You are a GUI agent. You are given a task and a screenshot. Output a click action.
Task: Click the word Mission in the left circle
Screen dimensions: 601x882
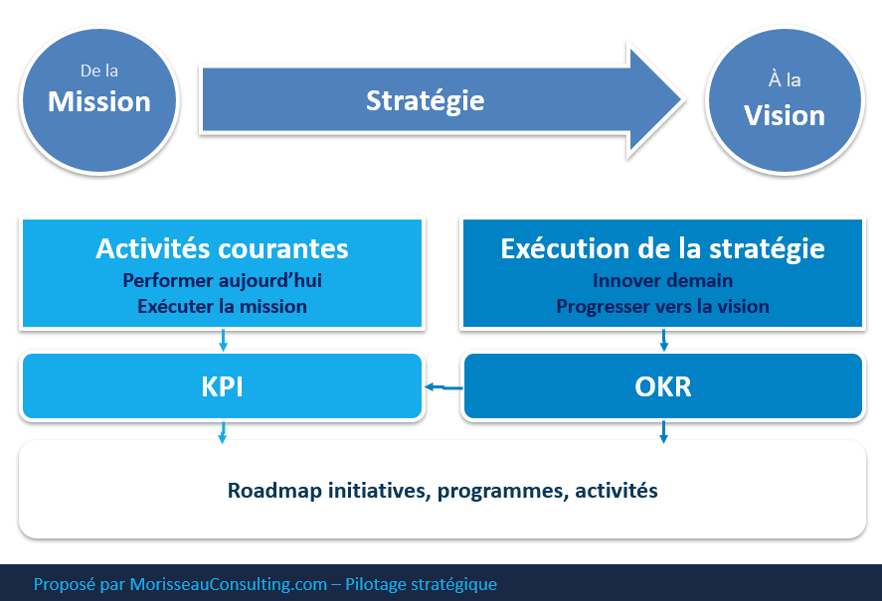(x=99, y=101)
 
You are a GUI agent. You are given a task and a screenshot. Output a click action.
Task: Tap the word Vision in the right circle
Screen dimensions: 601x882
(x=785, y=115)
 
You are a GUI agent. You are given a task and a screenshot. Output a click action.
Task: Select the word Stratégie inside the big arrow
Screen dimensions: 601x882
(x=426, y=100)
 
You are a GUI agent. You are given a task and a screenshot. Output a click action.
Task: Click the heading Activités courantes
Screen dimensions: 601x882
(x=222, y=248)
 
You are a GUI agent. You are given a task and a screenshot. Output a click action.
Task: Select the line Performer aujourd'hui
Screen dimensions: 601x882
(x=222, y=281)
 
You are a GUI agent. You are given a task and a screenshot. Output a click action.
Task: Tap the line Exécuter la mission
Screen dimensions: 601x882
(x=222, y=306)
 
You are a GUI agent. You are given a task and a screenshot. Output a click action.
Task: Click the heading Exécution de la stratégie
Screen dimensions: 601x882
(x=662, y=248)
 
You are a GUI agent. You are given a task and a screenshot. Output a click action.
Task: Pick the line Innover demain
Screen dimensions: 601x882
(x=662, y=281)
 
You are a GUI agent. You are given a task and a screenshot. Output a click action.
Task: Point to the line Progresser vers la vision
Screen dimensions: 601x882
(x=662, y=306)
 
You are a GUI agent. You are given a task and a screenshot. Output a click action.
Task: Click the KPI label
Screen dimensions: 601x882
(x=222, y=385)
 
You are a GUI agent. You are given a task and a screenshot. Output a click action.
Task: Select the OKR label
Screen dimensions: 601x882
(x=662, y=385)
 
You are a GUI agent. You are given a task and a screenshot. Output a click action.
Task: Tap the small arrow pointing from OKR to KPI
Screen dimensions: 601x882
(x=443, y=387)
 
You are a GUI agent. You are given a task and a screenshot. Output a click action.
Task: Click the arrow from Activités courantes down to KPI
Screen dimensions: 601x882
(x=223, y=341)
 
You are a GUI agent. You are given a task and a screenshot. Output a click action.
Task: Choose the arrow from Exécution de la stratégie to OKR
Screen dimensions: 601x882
(x=663, y=341)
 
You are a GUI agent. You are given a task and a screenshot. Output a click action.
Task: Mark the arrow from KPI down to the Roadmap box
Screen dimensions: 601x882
(x=223, y=431)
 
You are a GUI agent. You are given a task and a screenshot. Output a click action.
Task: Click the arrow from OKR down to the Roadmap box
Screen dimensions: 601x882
(x=663, y=431)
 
